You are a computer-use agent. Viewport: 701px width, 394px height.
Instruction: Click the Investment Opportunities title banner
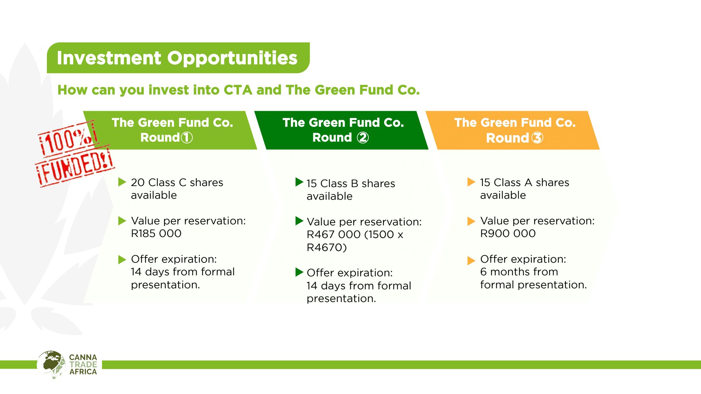(178, 58)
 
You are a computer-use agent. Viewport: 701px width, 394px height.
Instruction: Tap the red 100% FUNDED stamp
(74, 154)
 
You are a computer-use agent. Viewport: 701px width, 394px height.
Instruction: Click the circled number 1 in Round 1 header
(187, 137)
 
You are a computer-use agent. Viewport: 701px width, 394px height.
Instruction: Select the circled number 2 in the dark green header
(362, 137)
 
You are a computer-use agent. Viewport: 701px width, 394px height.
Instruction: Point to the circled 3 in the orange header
(537, 138)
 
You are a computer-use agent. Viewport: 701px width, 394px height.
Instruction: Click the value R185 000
(156, 234)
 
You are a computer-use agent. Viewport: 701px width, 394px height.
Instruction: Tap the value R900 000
(508, 234)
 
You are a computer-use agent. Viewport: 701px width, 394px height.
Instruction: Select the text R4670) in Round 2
(327, 247)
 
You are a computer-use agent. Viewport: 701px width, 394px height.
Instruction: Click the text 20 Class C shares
(177, 183)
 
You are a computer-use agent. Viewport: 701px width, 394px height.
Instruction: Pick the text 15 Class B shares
(350, 184)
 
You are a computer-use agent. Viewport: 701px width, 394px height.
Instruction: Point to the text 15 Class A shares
(524, 183)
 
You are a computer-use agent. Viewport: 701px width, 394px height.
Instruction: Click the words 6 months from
(519, 272)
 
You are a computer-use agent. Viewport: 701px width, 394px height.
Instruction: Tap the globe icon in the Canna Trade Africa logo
(51, 364)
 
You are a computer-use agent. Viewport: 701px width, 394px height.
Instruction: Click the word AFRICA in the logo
(83, 372)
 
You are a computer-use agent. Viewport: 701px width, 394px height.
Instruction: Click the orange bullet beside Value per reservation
(471, 221)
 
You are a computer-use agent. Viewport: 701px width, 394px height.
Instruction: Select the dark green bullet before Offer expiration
(299, 272)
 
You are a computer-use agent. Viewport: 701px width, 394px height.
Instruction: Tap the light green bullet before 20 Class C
(122, 182)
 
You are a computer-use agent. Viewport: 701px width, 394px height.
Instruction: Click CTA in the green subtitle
(238, 90)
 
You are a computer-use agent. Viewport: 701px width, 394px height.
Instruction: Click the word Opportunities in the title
(232, 58)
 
